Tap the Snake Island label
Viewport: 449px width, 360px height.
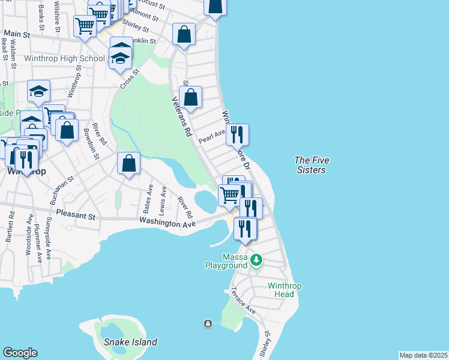coord(130,342)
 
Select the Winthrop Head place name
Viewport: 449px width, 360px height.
coord(281,290)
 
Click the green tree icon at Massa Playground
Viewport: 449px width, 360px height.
coord(257,260)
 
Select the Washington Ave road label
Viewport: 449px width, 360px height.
coord(167,223)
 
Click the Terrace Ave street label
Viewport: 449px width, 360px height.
coord(243,301)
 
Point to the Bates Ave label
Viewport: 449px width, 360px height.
coord(148,199)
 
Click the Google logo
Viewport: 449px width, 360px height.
coord(20,353)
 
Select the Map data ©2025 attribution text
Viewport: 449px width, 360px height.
coord(423,355)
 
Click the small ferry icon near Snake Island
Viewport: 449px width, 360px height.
coord(208,324)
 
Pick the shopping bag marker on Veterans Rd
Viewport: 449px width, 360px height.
coord(190,97)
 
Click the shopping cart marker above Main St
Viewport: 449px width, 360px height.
coord(85,26)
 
